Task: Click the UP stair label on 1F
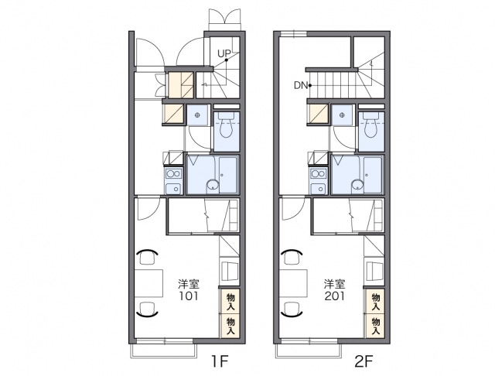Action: (x=224, y=54)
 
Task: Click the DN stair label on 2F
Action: (x=301, y=85)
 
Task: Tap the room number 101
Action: (x=189, y=296)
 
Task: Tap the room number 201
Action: (x=334, y=296)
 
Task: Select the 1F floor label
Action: (x=220, y=361)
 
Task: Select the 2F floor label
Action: (x=364, y=361)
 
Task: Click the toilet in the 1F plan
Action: (x=226, y=125)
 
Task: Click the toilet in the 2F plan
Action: (x=371, y=125)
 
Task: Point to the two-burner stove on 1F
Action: (x=173, y=173)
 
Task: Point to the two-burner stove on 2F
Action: (x=318, y=173)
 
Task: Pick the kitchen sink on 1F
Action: (x=173, y=188)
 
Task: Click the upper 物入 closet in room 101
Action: (x=230, y=301)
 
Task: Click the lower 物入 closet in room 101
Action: (x=230, y=326)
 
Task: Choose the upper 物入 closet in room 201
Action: (x=375, y=301)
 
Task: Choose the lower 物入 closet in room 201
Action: (x=375, y=326)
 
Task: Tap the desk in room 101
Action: (x=148, y=283)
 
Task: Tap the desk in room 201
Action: (x=294, y=283)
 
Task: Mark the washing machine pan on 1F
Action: (x=198, y=115)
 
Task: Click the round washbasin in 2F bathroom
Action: (x=357, y=185)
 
